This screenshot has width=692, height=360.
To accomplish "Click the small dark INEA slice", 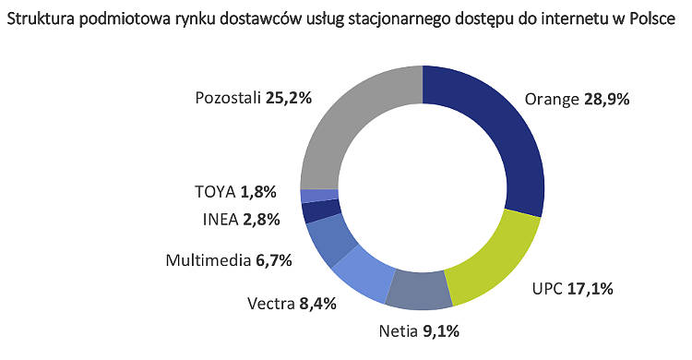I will tap(310, 211).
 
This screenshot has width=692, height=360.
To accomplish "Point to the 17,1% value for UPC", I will tap(591, 289).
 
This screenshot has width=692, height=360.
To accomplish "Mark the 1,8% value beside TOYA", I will tap(268, 192).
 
